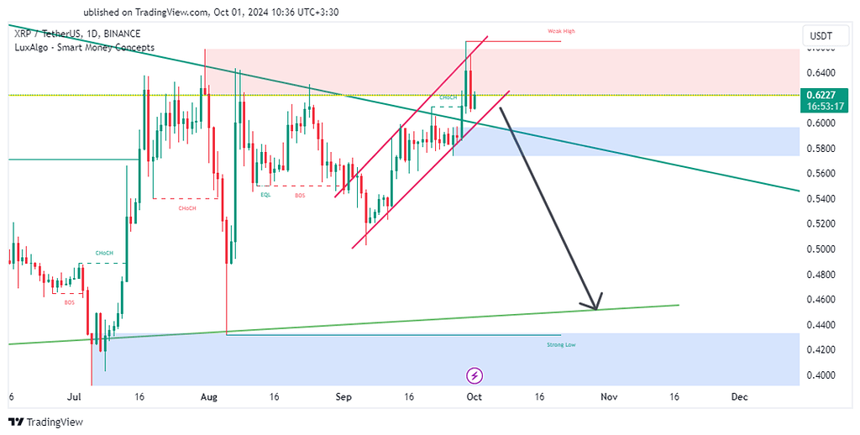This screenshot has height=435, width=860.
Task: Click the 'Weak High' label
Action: (561, 31)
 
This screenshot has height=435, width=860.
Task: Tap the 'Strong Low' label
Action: (561, 344)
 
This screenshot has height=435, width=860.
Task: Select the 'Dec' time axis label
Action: (739, 396)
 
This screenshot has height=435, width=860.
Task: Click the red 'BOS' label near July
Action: (69, 301)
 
